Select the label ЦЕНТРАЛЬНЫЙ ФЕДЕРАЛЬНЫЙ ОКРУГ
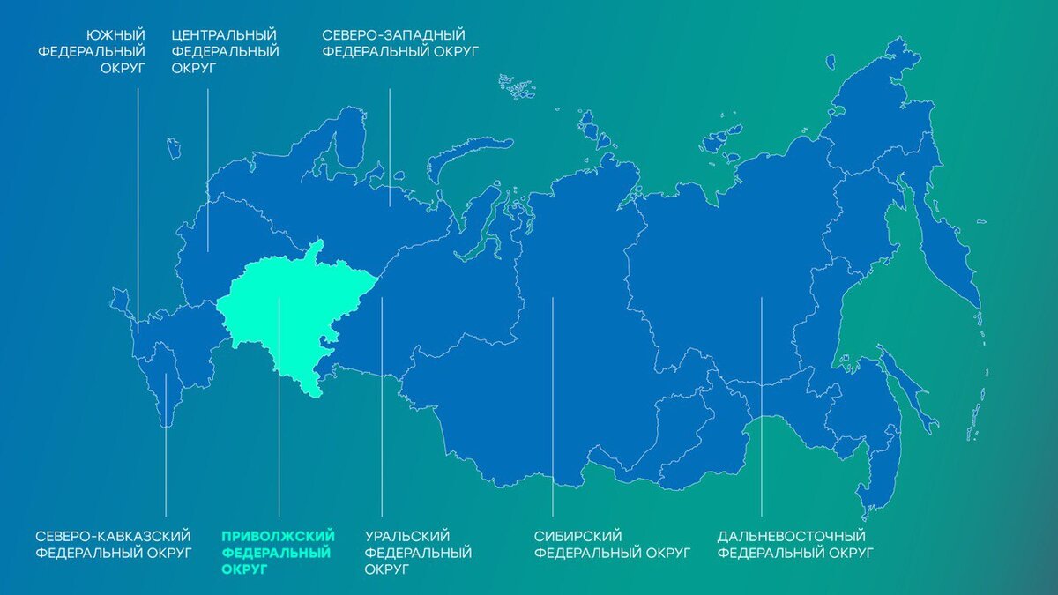point(225,51)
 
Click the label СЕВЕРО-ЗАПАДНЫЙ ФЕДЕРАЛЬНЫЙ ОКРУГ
point(399,42)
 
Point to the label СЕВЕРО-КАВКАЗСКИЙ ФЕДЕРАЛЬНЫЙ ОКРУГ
point(114,544)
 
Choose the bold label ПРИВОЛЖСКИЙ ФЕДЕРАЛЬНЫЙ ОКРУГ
point(277,552)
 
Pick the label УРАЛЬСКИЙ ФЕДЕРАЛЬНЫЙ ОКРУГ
point(418,552)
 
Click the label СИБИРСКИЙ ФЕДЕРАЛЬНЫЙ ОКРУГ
point(613,544)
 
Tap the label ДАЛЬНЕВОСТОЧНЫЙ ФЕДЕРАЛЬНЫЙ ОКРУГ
point(795,544)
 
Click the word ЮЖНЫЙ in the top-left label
point(115,34)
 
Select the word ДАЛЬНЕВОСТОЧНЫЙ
point(792,536)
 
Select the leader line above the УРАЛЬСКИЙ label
point(382,405)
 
